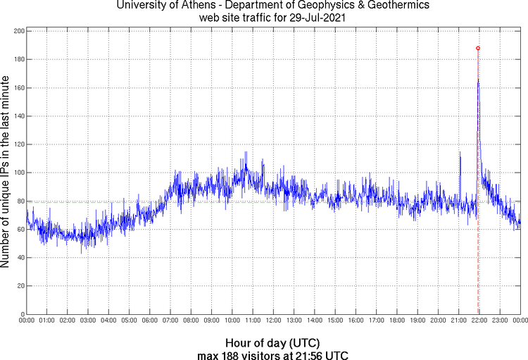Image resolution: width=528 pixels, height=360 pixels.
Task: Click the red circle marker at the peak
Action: (x=478, y=48)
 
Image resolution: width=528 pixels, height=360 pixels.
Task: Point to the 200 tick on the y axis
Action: (x=20, y=32)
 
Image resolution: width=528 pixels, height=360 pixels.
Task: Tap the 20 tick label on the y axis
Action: (x=22, y=285)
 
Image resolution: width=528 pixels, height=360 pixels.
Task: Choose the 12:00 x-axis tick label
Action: (x=273, y=321)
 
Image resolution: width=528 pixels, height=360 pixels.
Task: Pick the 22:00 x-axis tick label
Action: (x=479, y=321)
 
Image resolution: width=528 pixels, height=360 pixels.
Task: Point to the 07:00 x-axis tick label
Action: (x=170, y=321)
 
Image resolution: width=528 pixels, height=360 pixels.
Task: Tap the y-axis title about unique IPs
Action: (x=6, y=173)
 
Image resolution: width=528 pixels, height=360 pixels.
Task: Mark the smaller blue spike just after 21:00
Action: (x=460, y=154)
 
